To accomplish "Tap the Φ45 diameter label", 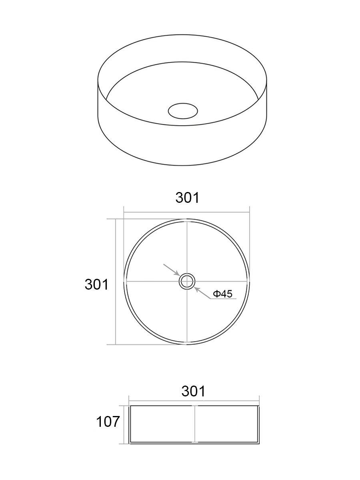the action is (223, 294).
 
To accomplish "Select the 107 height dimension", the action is (108, 422).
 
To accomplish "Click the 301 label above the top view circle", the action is (188, 198).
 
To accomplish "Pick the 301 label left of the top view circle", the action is (97, 284).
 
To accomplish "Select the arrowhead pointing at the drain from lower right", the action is (197, 289).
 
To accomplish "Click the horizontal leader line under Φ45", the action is (223, 299).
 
